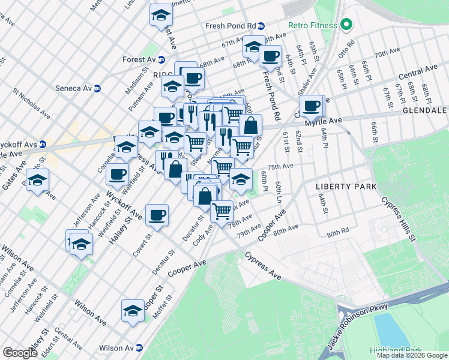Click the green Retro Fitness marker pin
346,25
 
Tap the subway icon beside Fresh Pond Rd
270,26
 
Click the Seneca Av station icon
97,88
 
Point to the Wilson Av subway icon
139,347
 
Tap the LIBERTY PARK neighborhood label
346,187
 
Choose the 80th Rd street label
338,232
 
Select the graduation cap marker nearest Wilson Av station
133,310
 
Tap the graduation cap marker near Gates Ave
37,180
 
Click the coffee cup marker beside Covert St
157,215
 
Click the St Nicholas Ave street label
31,103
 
